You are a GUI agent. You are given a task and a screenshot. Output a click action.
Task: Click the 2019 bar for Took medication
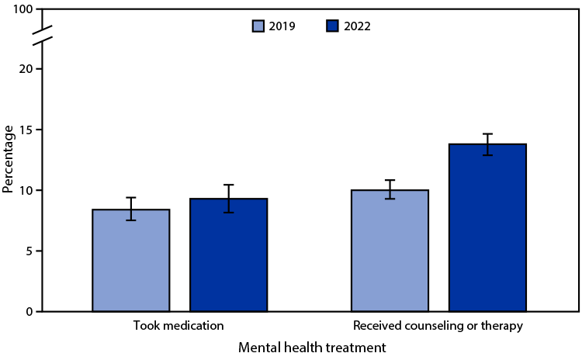[x=131, y=261]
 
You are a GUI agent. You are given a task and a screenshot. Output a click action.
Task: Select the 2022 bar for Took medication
[x=229, y=255]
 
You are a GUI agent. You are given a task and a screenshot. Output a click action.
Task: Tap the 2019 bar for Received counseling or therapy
[x=390, y=251]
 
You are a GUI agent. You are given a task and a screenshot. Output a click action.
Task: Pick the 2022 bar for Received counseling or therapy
[x=487, y=227]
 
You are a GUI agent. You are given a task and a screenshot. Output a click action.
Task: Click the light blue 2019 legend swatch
[x=259, y=26]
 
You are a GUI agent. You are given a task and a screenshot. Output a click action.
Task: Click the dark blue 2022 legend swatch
[x=332, y=26]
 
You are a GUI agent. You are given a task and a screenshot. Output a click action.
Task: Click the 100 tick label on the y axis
[x=24, y=9]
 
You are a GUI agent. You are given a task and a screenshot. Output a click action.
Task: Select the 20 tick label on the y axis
[x=27, y=69]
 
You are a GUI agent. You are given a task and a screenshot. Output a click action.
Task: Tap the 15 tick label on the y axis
[x=27, y=130]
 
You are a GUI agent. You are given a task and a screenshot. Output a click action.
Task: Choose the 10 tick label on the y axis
[x=27, y=190]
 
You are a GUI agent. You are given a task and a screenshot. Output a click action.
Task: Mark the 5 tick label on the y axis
[x=30, y=251]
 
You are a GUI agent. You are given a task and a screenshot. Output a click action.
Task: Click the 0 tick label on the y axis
[x=30, y=312]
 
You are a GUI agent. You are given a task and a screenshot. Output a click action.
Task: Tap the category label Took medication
[x=180, y=326]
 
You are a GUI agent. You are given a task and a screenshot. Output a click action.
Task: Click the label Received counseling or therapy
[x=438, y=326]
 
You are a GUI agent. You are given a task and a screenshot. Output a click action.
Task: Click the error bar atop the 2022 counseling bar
[x=487, y=144]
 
